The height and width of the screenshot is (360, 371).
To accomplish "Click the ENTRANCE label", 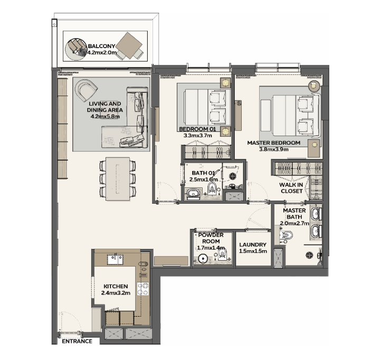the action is (77, 341).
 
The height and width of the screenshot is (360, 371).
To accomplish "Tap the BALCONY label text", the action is (101, 46).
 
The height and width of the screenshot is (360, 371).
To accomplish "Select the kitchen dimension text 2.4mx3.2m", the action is (116, 293).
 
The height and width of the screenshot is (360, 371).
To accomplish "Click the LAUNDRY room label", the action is (253, 244).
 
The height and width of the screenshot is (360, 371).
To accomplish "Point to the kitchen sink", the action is (115, 259).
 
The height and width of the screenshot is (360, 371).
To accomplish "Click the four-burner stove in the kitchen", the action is (143, 289).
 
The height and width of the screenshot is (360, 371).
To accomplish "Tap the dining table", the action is (118, 179).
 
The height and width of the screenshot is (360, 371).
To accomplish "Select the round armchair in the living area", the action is (86, 90).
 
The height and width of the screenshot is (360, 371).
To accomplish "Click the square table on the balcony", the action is (129, 45).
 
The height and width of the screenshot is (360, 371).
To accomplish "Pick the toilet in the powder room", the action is (222, 254).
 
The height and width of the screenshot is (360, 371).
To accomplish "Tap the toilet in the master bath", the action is (287, 235).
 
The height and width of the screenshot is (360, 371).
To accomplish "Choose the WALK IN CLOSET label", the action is (291, 188).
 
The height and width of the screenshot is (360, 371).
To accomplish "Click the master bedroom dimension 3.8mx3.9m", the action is (274, 149).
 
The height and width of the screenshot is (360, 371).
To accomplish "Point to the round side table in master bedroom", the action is (315, 86).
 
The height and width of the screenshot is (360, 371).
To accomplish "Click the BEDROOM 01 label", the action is (197, 129).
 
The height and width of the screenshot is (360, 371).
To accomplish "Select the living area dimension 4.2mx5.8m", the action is (105, 117).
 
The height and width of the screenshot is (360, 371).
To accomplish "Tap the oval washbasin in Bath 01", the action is (194, 193).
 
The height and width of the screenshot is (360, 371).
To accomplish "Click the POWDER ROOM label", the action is (211, 238).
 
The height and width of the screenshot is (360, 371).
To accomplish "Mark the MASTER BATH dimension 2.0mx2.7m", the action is (294, 223).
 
